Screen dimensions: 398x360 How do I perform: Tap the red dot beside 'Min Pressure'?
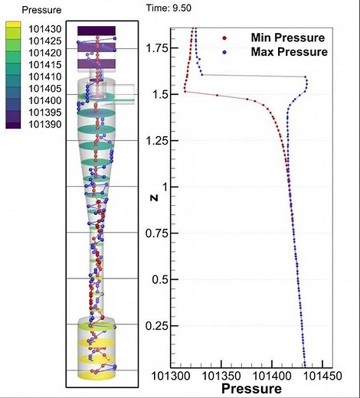[223, 38]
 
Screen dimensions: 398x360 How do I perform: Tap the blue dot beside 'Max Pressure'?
[223, 52]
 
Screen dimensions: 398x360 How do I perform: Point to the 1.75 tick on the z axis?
[156, 47]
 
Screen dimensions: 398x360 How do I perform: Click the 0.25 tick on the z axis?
[156, 326]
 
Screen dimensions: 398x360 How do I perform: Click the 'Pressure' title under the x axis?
[248, 389]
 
